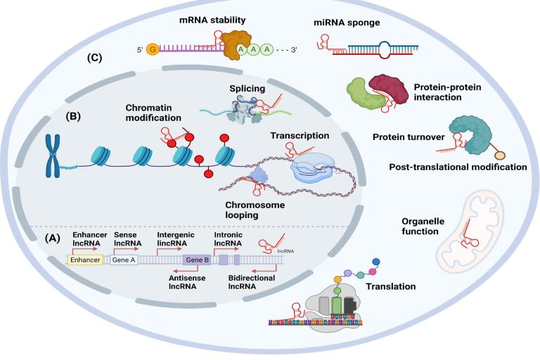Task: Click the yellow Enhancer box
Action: tap(84, 259)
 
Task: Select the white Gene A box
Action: tap(124, 259)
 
